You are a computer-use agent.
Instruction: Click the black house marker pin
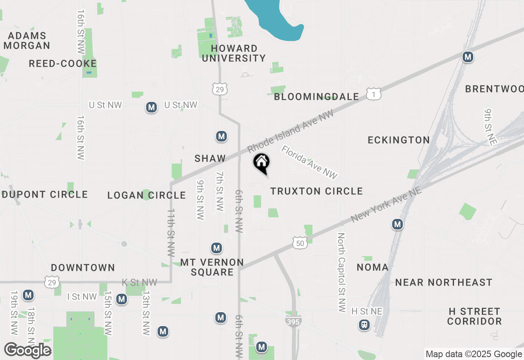[262, 163]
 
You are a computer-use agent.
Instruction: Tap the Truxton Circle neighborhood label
[316, 191]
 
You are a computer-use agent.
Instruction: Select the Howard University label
[234, 54]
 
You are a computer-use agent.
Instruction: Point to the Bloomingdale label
[316, 97]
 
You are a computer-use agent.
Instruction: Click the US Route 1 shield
[374, 94]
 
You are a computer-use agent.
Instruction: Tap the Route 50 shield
[300, 243]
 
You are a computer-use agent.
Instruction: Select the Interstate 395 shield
[294, 322]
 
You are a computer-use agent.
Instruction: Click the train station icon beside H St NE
[364, 325]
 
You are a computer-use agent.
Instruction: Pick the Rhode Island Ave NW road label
[291, 131]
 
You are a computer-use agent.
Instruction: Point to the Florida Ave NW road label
[309, 162]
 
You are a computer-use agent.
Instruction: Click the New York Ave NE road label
[386, 203]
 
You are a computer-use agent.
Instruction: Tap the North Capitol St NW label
[341, 272]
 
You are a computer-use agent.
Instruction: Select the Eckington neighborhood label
[399, 140]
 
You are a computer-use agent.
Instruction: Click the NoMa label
[373, 268]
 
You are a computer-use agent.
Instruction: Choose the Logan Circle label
[147, 195]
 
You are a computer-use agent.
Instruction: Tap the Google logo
[27, 350]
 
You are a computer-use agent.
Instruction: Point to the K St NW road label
[140, 282]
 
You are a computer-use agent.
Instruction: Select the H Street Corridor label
[474, 316]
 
